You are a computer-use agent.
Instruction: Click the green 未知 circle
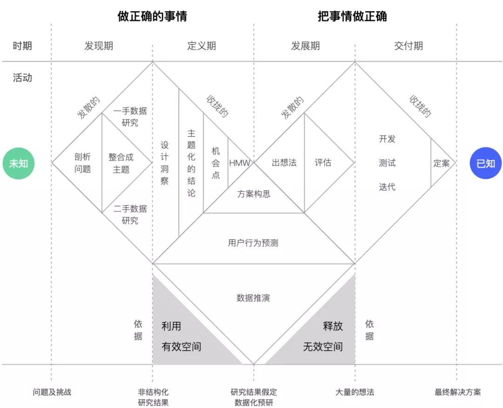click(19, 163)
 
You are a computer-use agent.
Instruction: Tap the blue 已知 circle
click(485, 163)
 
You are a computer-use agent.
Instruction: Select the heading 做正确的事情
click(152, 17)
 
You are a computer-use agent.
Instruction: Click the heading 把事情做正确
click(352, 17)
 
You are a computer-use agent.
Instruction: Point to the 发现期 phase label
click(99, 46)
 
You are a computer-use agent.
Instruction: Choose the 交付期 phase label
click(408, 46)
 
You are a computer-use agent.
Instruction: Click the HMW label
click(239, 163)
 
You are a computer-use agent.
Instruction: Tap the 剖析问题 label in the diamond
click(82, 163)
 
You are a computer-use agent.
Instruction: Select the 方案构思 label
click(254, 194)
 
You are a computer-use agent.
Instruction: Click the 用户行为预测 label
click(253, 243)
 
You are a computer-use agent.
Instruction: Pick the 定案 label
click(442, 163)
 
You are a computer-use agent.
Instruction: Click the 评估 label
click(323, 163)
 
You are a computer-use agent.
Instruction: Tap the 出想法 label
click(284, 163)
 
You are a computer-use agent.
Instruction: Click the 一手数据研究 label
click(130, 117)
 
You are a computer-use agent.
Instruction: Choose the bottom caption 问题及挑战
click(52, 392)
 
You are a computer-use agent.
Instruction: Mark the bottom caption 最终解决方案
click(458, 392)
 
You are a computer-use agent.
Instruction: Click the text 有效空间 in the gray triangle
click(182, 346)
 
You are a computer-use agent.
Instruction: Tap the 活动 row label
click(22, 77)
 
